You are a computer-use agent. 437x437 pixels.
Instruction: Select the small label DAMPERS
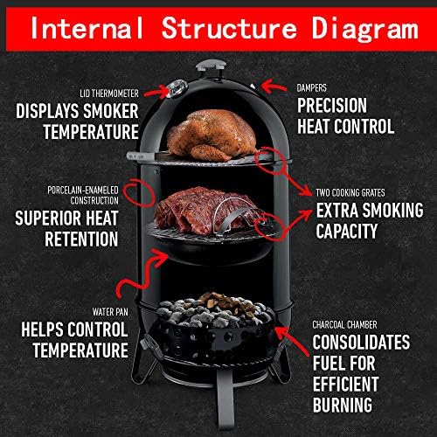tap(317, 87)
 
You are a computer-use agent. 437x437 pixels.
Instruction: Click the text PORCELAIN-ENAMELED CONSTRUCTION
tap(87, 193)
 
